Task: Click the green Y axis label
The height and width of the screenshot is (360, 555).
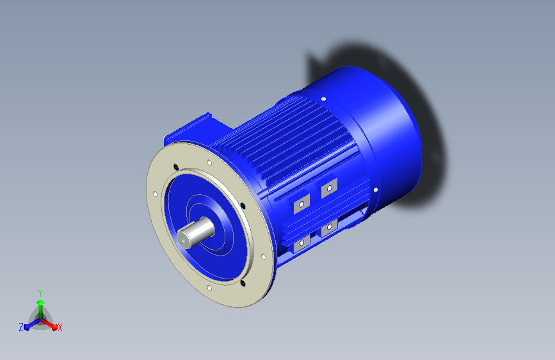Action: click(40, 293)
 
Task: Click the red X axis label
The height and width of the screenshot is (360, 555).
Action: click(60, 327)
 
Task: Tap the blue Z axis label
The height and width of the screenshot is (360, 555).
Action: click(21, 327)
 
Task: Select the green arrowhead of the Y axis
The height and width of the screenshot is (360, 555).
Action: click(41, 302)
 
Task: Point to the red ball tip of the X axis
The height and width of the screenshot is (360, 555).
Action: click(54, 327)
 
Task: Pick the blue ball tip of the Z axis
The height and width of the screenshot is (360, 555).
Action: click(27, 327)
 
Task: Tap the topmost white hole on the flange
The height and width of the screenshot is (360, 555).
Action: click(209, 163)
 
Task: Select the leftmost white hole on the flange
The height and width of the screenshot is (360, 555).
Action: click(155, 194)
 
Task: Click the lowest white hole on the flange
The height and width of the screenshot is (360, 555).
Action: click(209, 288)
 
